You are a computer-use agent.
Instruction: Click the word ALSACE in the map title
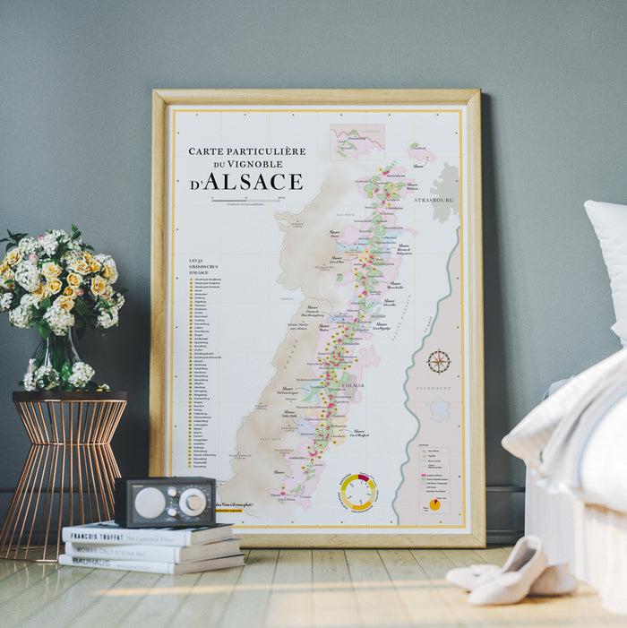(254, 181)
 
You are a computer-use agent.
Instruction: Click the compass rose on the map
(438, 362)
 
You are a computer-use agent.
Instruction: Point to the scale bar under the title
(245, 200)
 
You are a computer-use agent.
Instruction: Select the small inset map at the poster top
(357, 142)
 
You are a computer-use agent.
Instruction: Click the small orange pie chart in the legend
(434, 504)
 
